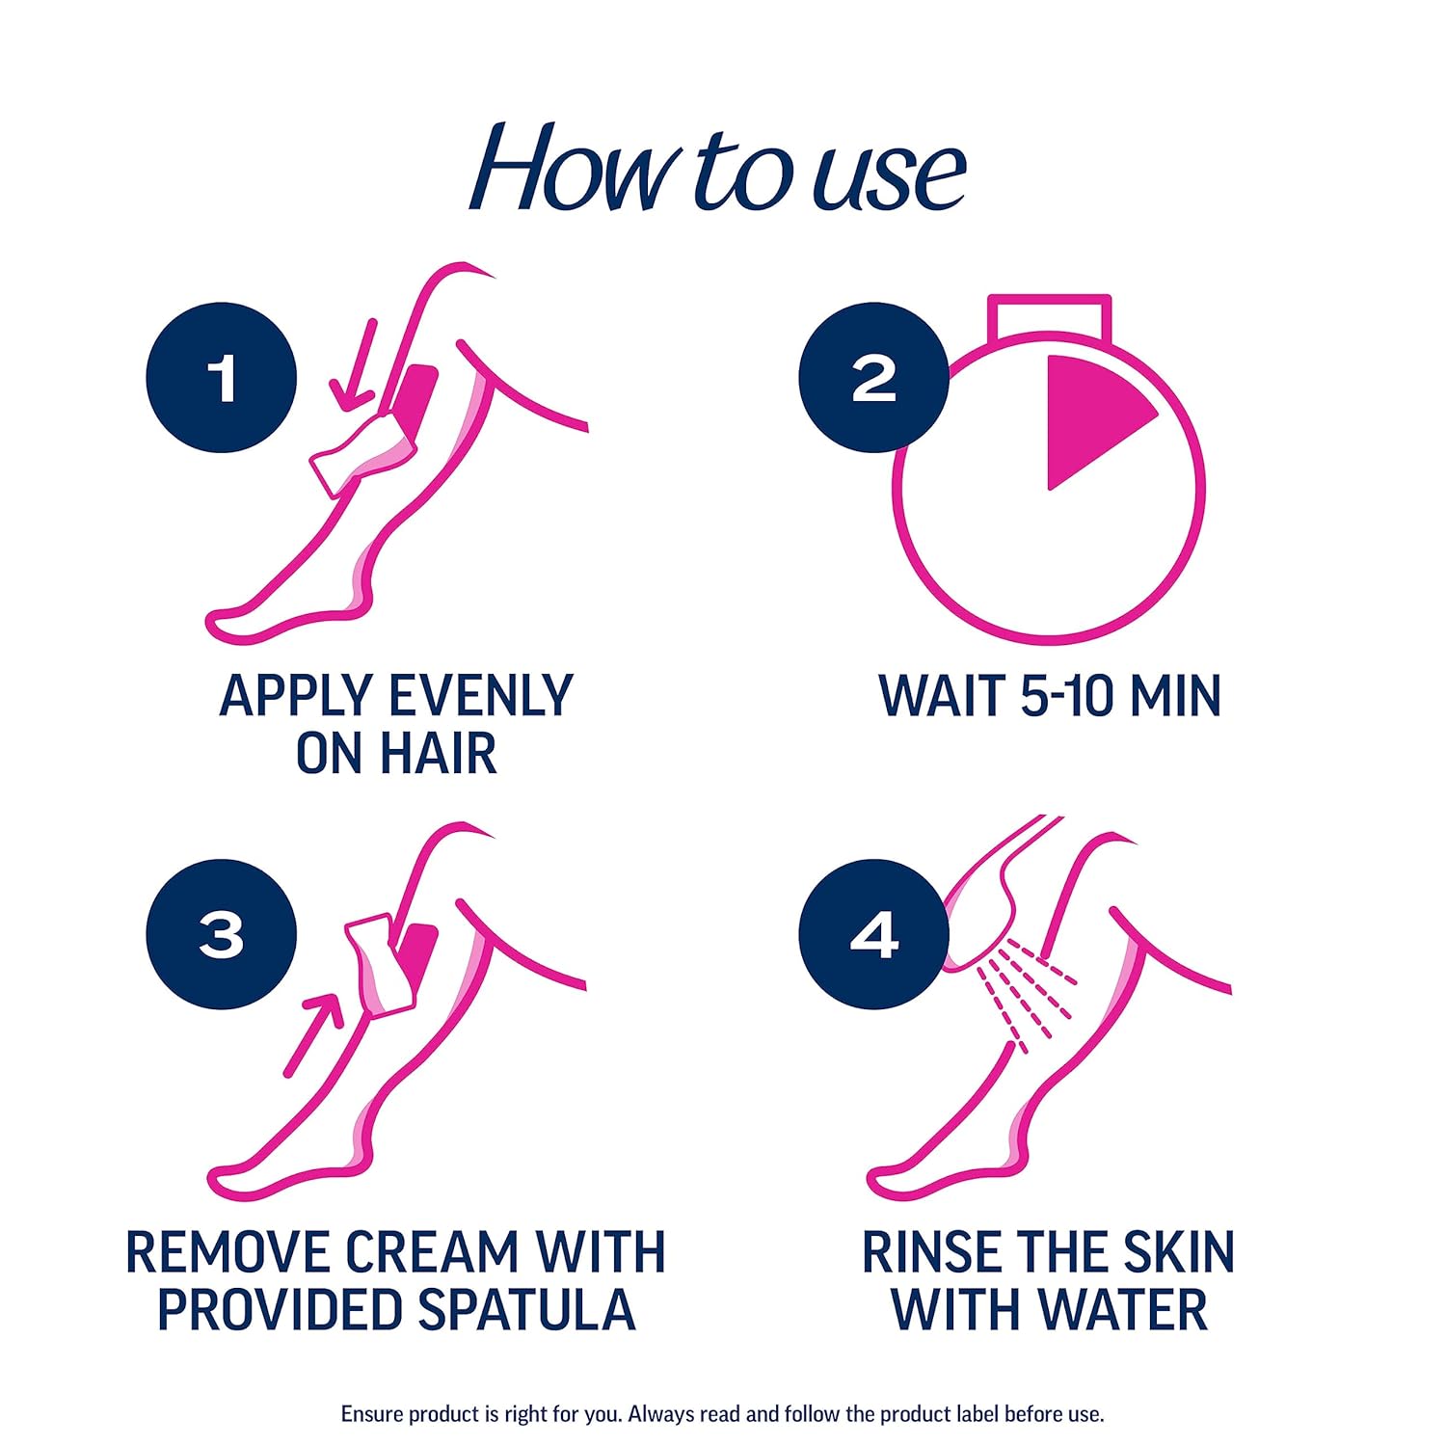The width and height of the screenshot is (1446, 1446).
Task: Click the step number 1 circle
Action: pos(221,377)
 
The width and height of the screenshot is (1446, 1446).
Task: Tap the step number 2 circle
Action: pos(873,377)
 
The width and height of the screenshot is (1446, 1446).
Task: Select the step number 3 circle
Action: pos(221,934)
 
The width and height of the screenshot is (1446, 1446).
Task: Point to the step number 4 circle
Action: pos(873,934)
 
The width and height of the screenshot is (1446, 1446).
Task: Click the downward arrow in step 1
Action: pos(354,366)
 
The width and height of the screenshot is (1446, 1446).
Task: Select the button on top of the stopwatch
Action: pos(1049,317)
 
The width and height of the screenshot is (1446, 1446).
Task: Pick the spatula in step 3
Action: pos(381,964)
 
